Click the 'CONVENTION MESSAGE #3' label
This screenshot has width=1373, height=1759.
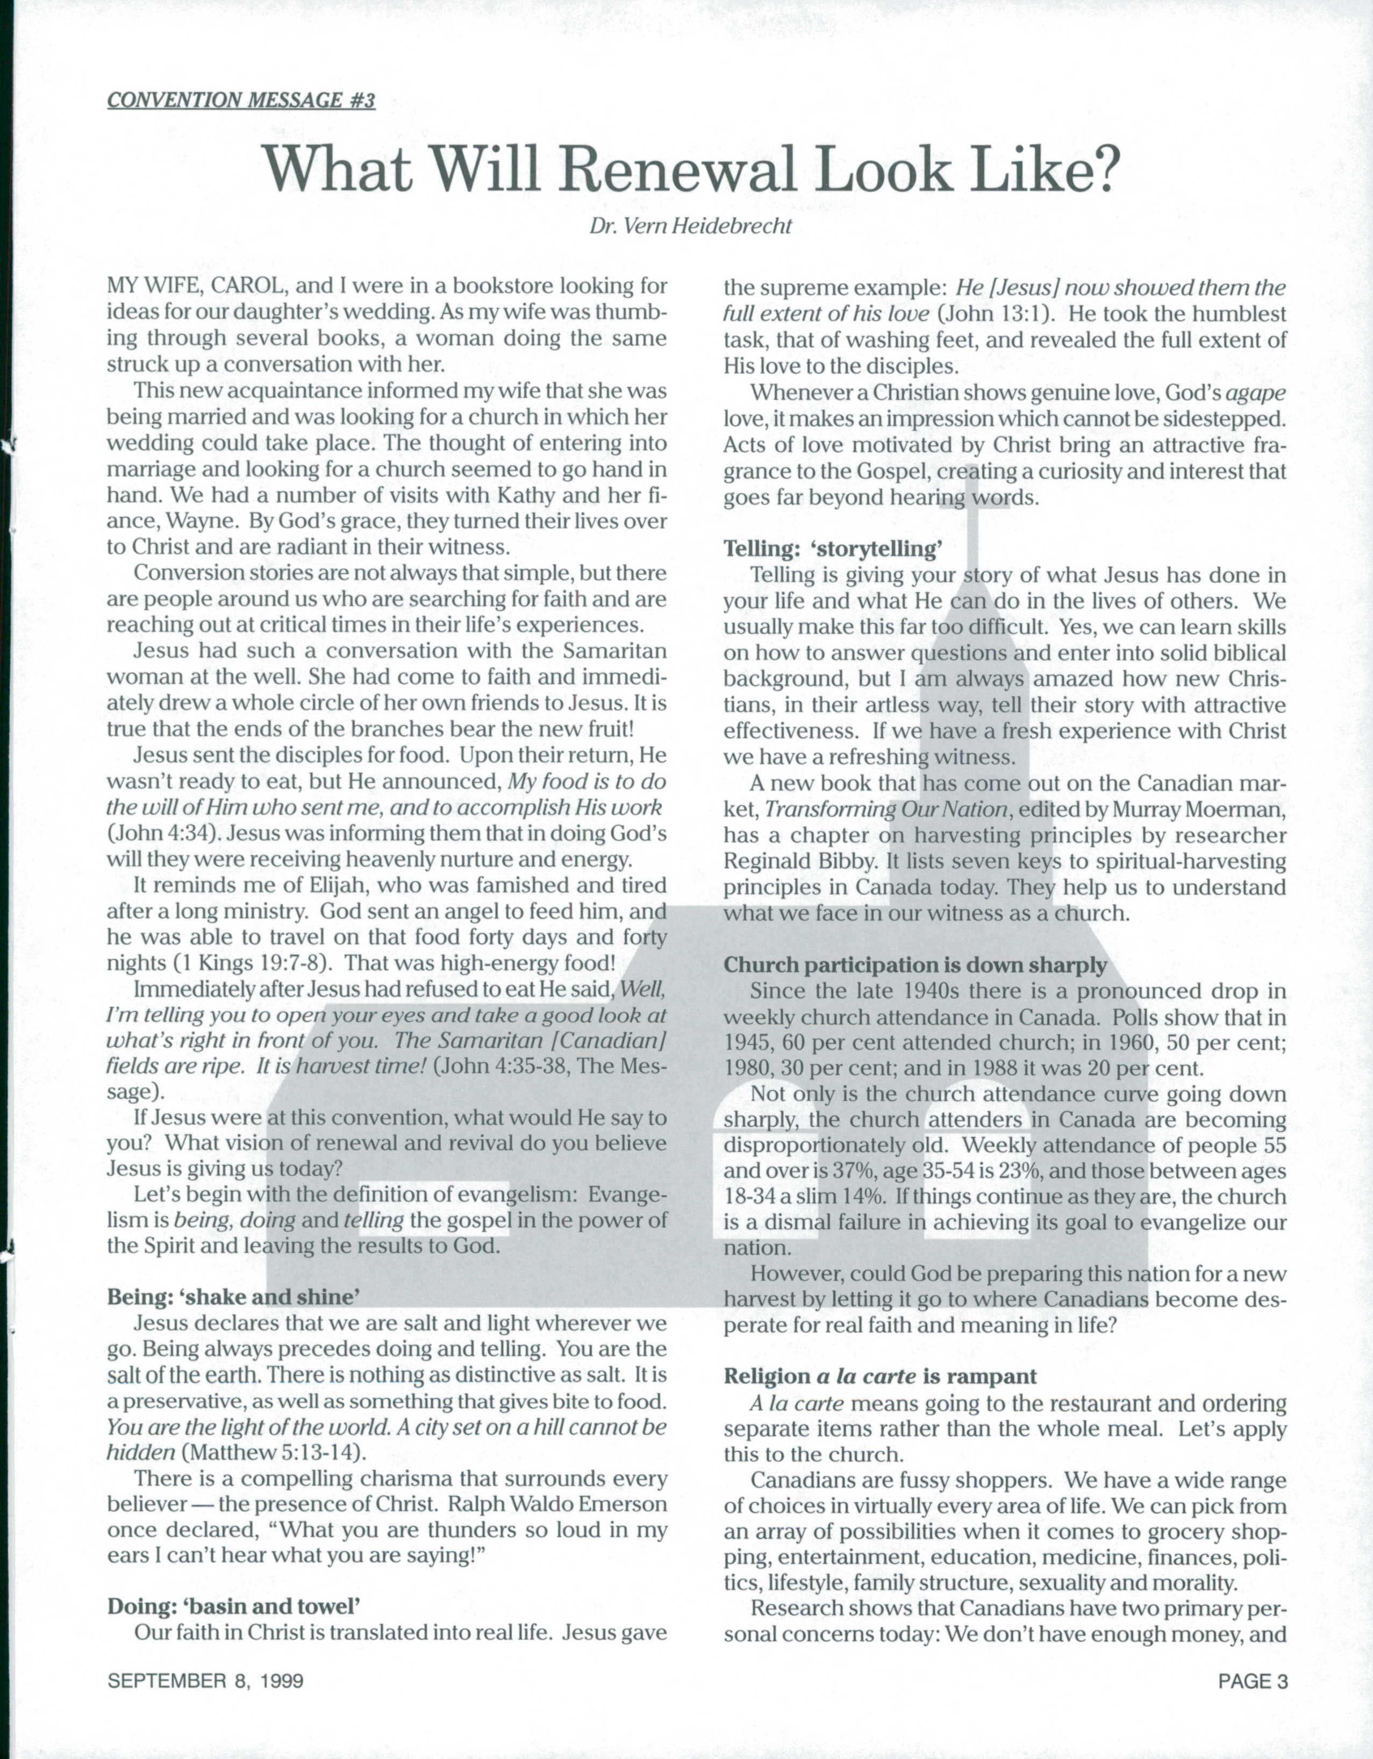coord(241,101)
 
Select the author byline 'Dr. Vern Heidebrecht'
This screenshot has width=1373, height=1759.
coord(690,226)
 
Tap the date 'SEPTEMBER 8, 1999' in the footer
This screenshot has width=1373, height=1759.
coord(205,1681)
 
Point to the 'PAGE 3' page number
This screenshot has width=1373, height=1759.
coord(1253,1681)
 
